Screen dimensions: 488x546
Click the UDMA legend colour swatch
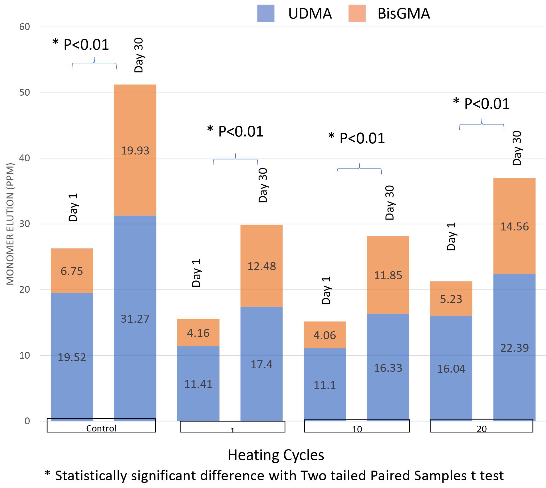(265, 13)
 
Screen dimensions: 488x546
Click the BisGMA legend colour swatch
(357, 13)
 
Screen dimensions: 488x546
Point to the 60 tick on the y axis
(25, 27)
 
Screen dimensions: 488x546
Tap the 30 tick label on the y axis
(25, 224)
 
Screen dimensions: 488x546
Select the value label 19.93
(135, 151)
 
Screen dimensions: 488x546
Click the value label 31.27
(135, 319)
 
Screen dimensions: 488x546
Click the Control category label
(101, 428)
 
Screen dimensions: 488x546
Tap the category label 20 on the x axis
(481, 429)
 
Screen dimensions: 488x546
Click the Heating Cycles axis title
(276, 455)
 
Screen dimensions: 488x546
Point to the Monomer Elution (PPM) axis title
(10, 224)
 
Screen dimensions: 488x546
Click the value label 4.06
(325, 335)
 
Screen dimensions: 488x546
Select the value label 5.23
(451, 299)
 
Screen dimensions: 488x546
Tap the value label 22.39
(514, 348)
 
